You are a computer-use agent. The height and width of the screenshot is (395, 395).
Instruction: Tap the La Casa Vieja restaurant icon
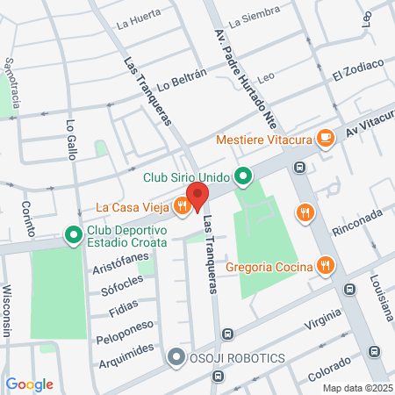click(x=182, y=206)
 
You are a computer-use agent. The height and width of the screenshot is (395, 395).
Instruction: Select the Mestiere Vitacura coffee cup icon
click(x=325, y=137)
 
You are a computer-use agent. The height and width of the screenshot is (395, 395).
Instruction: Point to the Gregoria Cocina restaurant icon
click(x=325, y=265)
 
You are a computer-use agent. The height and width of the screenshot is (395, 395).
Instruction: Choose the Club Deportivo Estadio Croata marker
click(x=71, y=233)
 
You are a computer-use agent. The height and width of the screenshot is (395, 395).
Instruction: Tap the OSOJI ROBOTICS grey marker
click(x=176, y=358)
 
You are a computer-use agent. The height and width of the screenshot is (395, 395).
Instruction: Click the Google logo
click(x=29, y=384)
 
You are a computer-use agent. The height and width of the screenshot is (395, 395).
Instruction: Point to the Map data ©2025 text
click(x=355, y=387)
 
